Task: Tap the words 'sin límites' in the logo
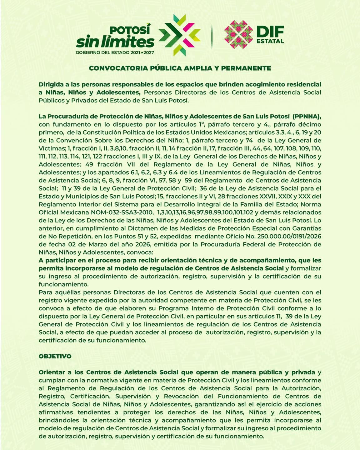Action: point(115,42)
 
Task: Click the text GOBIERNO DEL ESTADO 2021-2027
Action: point(115,52)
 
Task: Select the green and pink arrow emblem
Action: point(179,35)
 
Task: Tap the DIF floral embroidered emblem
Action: point(238,34)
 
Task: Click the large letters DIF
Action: point(270,32)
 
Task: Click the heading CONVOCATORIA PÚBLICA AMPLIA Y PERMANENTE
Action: point(180,68)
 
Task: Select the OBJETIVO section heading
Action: point(55,356)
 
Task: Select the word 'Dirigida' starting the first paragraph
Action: point(51,84)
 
